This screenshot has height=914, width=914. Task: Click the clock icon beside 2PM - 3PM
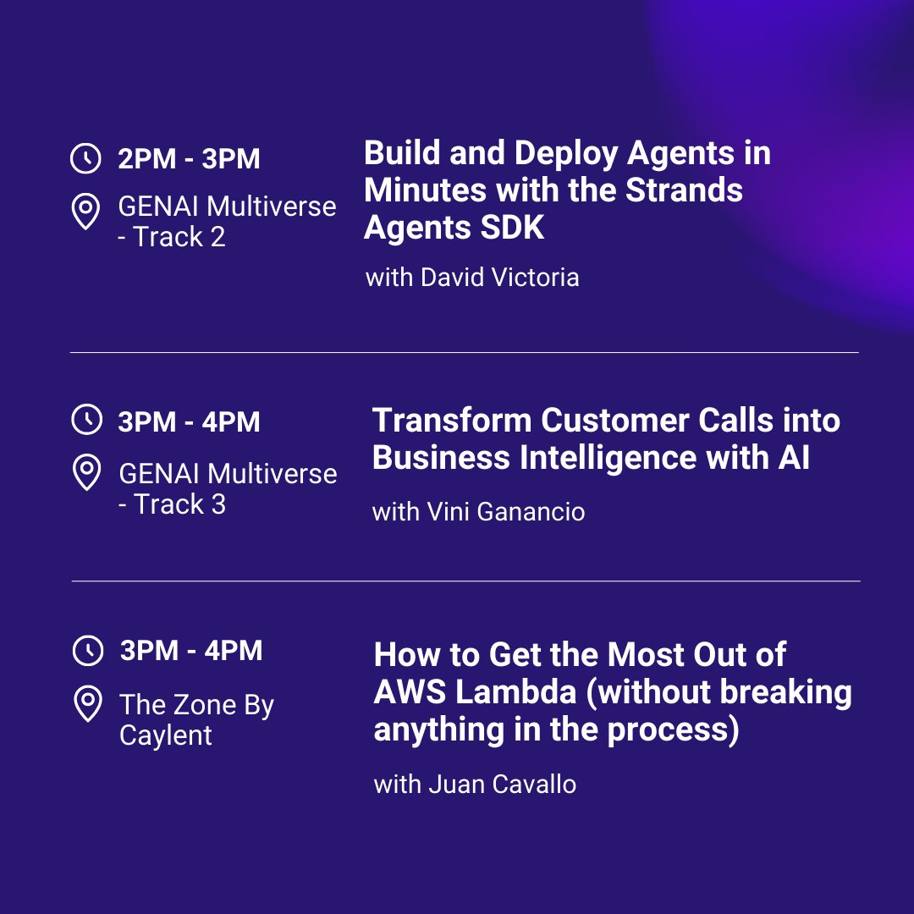coord(85,158)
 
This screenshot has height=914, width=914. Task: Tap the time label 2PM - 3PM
coord(189,159)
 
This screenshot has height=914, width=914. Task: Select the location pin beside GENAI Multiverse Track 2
coord(85,212)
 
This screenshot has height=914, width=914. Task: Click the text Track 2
coord(179,237)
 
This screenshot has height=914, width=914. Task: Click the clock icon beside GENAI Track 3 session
coord(85,421)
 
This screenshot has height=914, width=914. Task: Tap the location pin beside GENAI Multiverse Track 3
coord(86,473)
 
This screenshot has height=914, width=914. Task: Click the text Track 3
coord(179,504)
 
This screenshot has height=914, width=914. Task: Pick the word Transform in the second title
coord(452,421)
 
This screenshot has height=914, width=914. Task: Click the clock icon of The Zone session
coord(87,651)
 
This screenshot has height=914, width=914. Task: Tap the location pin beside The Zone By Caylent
coord(87,704)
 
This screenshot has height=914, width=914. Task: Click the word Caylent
coord(166,735)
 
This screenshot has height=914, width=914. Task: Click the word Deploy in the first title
coord(567,153)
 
